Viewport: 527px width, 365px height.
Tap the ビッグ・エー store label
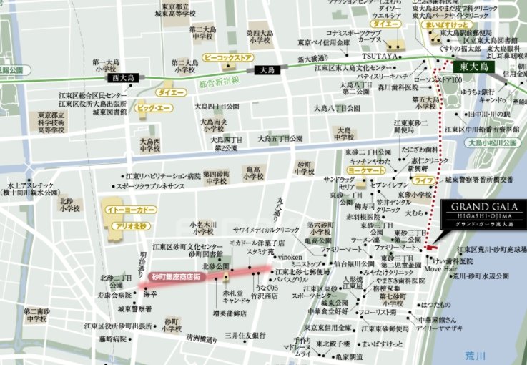pyautogui.click(x=154, y=108)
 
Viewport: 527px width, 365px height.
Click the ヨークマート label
pyautogui.click(x=362, y=172)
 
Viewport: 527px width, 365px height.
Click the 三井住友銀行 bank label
pyautogui.click(x=245, y=335)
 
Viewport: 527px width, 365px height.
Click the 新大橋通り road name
pyautogui.click(x=312, y=58)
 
